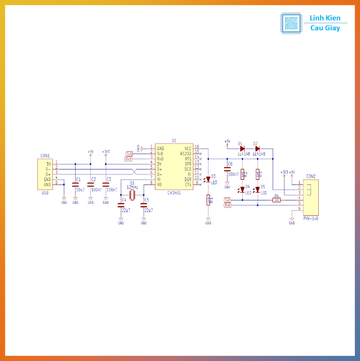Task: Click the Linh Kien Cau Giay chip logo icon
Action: tap(291, 23)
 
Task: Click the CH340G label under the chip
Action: tap(174, 193)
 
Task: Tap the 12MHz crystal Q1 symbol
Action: tap(132, 195)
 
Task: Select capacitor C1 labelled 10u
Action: tap(75, 184)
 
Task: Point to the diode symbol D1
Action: tap(242, 148)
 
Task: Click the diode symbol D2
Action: tap(257, 148)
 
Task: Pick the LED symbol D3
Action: tap(208, 179)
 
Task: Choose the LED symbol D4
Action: tap(242, 190)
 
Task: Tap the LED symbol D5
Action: tap(257, 190)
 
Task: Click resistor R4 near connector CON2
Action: tap(277, 200)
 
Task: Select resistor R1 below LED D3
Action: tap(208, 200)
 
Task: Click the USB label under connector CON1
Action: tap(45, 193)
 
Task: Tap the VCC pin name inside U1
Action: tap(188, 148)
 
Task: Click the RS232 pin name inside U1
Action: tap(186, 154)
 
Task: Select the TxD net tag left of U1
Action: tap(129, 154)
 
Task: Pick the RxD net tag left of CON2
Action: tap(228, 205)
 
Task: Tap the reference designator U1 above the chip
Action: tap(174, 140)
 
